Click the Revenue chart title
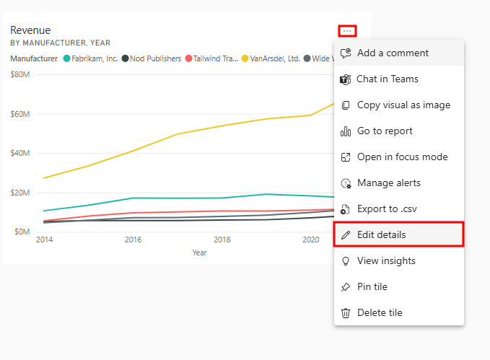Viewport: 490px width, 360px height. (30, 30)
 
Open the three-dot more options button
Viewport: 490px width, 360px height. (347, 31)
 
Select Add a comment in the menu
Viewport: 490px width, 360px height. (393, 53)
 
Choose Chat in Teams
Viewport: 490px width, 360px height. (388, 79)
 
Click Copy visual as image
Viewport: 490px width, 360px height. (403, 105)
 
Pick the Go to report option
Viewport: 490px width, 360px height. (385, 131)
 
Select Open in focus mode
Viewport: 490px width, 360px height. (402, 157)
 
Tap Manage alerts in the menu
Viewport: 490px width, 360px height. (388, 183)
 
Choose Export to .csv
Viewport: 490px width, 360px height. (388, 208)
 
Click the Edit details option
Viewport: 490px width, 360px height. (381, 234)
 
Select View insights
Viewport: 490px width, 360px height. (386, 260)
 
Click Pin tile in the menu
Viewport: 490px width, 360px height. (372, 286)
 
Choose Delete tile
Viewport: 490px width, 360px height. (380, 312)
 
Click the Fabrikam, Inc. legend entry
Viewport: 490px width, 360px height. (91, 58)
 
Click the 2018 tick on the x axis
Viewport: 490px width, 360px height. (222, 240)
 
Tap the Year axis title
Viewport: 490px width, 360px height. (200, 253)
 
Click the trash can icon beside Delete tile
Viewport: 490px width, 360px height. (345, 312)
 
